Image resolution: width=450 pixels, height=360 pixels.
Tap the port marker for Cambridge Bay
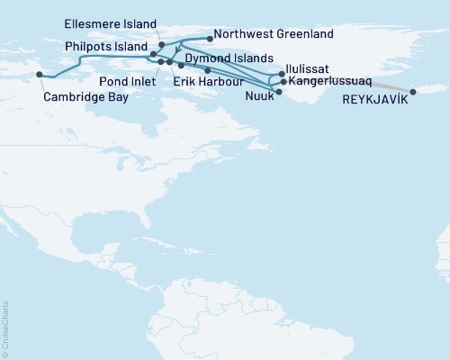[x=38, y=75]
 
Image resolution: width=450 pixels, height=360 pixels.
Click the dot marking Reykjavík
[x=413, y=92]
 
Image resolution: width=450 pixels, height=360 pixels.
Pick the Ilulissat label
[x=309, y=67]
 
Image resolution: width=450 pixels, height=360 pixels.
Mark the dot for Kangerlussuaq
[x=283, y=82]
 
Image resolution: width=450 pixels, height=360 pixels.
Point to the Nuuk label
[x=258, y=94]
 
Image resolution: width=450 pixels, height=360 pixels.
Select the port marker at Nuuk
[x=279, y=92]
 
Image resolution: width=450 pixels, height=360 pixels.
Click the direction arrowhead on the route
[x=177, y=53]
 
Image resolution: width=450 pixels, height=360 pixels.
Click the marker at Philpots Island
[x=153, y=55]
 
